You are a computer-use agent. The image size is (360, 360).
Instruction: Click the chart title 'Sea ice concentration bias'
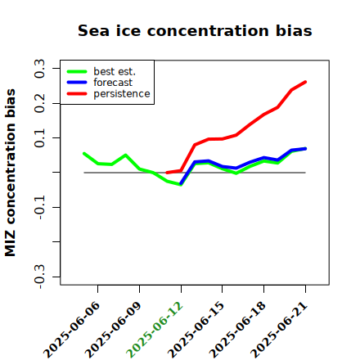tap(195, 30)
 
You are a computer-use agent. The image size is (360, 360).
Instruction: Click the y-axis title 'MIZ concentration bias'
tap(11, 173)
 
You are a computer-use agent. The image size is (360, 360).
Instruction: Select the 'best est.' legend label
tap(115, 71)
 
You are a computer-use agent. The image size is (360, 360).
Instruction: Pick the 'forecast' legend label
tap(113, 83)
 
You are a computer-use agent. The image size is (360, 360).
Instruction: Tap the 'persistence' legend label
tap(122, 94)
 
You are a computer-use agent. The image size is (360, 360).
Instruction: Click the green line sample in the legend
tap(77, 71)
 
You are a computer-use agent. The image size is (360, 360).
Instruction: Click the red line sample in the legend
tap(77, 94)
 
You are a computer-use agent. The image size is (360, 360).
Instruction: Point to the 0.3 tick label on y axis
tap(39, 69)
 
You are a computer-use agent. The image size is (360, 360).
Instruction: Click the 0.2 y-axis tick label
tap(39, 103)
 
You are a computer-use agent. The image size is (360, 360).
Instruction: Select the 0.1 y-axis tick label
tap(39, 138)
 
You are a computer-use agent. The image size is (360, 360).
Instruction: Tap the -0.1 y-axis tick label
tap(39, 208)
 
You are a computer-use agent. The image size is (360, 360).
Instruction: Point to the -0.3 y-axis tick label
tap(39, 277)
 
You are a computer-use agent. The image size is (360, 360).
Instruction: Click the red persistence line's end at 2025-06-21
tap(305, 82)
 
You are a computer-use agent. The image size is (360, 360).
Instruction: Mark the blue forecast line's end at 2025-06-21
tap(305, 149)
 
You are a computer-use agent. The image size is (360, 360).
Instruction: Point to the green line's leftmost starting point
tap(84, 154)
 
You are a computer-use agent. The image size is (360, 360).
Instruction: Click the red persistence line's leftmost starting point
tap(167, 173)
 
